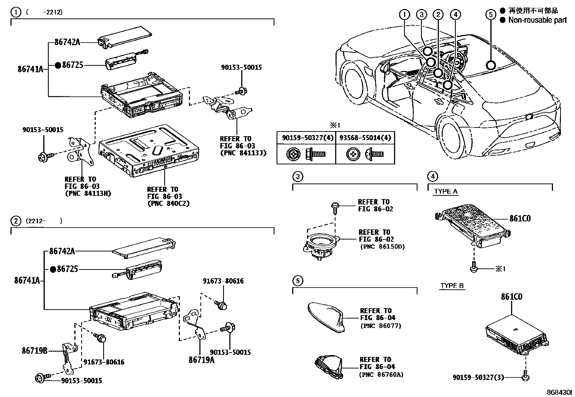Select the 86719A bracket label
coord(201,360)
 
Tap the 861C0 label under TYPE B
coord(511,297)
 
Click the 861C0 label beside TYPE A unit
coord(520,219)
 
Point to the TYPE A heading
coord(445,191)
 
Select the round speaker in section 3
coord(320,245)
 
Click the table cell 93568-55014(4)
coord(365,138)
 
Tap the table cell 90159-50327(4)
coord(306,138)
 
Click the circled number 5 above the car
coord(490,14)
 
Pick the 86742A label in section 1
coord(67,42)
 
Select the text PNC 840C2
coord(168,203)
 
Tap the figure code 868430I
coord(559,392)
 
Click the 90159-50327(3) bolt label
coord(479,377)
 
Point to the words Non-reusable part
coord(537,20)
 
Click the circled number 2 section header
coord(16,221)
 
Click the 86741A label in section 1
coord(30,69)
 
